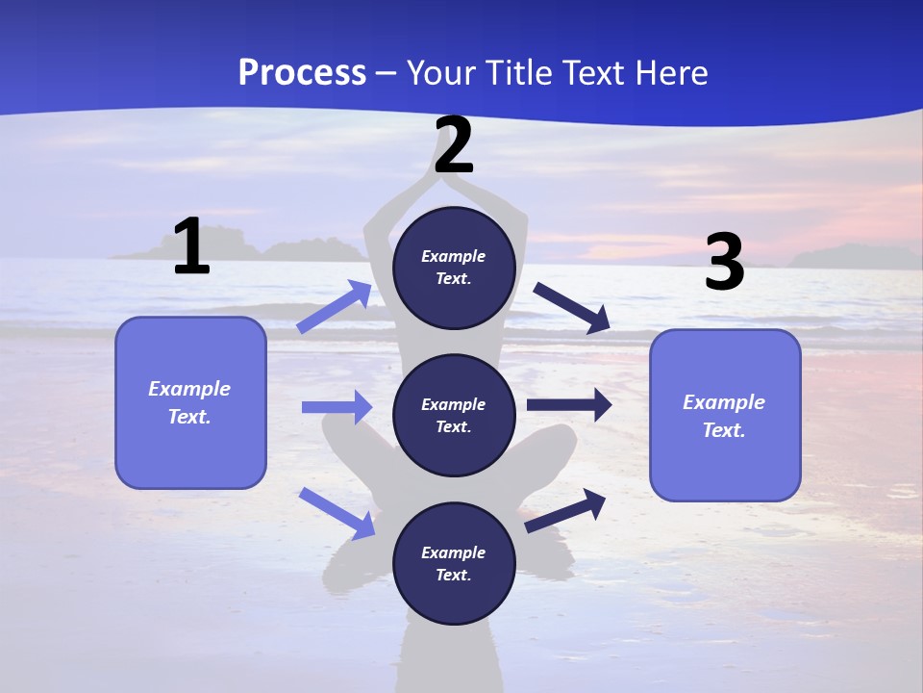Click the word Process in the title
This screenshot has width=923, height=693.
tap(302, 73)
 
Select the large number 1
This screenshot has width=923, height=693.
tap(191, 247)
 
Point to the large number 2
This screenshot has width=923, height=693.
tap(454, 145)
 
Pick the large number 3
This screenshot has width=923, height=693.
tap(724, 262)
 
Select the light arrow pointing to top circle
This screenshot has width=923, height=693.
tap(334, 307)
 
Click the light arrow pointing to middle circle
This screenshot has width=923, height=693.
tap(337, 407)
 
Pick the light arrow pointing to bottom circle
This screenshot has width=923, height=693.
tap(337, 513)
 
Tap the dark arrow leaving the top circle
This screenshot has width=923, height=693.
tap(571, 308)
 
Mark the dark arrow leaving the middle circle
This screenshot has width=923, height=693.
tap(568, 405)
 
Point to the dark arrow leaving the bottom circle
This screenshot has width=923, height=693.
tap(565, 511)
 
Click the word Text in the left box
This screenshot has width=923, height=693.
tap(189, 418)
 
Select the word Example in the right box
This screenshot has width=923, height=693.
tap(724, 402)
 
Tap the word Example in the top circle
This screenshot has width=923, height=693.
tap(454, 257)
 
